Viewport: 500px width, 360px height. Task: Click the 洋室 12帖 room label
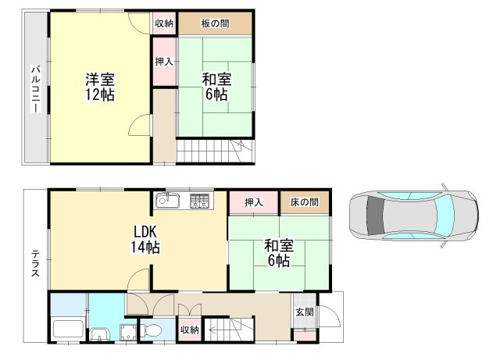[x=100, y=87]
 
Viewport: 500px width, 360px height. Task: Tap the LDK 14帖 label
[x=145, y=239]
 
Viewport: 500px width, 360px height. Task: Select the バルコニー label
[x=36, y=89]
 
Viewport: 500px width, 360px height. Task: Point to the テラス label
[x=35, y=264]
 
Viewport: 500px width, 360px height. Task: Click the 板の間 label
[x=216, y=23]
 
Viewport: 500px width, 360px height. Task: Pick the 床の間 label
[x=304, y=202]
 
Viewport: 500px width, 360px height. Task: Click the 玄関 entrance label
[x=305, y=312]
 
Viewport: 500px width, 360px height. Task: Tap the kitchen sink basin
[x=167, y=201]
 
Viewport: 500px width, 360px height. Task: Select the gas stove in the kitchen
[x=200, y=201]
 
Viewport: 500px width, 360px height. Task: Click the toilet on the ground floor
[x=151, y=330]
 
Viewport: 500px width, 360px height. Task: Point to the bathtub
[x=68, y=329]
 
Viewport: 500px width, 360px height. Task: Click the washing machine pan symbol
[x=128, y=332]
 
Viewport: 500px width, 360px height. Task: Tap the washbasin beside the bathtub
[x=100, y=334]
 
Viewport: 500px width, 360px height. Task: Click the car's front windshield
[x=444, y=216]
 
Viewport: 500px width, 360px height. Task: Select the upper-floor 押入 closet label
[x=164, y=62]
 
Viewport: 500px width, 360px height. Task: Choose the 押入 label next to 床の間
[x=254, y=202]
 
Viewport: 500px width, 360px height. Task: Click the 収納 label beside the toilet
[x=189, y=330]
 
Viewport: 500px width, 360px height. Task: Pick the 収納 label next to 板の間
[x=164, y=23]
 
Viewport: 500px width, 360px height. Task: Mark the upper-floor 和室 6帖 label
[x=216, y=87]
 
